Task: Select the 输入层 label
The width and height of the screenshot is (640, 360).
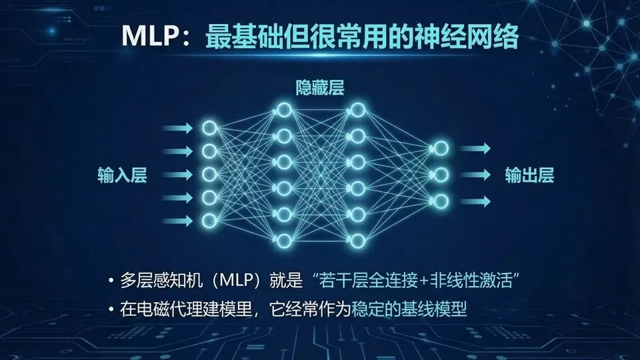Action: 121,176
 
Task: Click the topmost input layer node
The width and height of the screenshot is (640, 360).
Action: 209,127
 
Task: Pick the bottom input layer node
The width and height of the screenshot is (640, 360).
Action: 209,219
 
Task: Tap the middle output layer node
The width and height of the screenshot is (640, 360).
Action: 440,175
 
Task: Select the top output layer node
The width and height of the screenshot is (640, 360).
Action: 440,149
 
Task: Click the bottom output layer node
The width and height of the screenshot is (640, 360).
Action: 440,200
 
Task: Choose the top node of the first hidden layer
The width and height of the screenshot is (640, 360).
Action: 283,109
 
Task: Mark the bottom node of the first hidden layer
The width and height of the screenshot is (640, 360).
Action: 283,239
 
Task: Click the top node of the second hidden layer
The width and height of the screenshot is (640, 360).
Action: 358,109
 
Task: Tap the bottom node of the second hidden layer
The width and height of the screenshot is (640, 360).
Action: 358,239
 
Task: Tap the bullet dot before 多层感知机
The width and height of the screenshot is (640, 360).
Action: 111,281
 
